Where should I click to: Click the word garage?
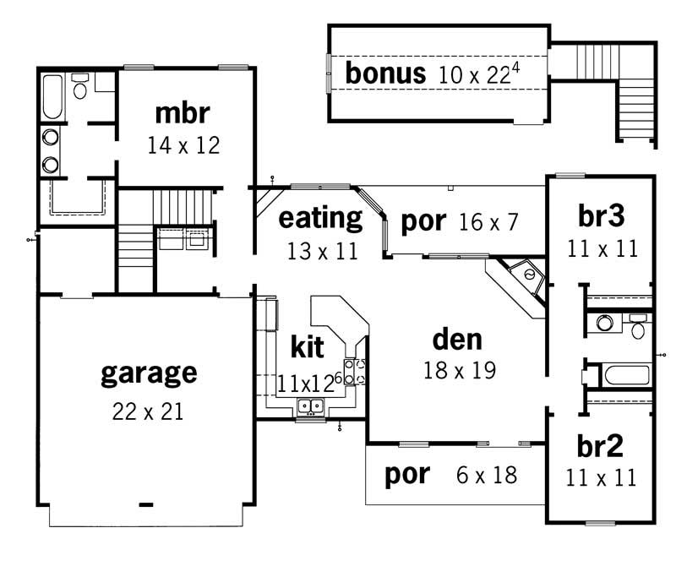tap(149, 373)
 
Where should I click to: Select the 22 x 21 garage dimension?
tap(148, 412)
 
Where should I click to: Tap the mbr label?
tap(183, 112)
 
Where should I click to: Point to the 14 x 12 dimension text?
tap(183, 145)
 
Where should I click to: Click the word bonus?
tap(385, 73)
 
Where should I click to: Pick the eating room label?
tap(320, 218)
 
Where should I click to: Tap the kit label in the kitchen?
tap(307, 346)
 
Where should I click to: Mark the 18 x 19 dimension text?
tap(458, 370)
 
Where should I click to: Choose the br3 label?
tap(601, 217)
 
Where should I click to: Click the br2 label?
tap(601, 446)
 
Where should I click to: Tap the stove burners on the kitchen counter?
tap(358, 373)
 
